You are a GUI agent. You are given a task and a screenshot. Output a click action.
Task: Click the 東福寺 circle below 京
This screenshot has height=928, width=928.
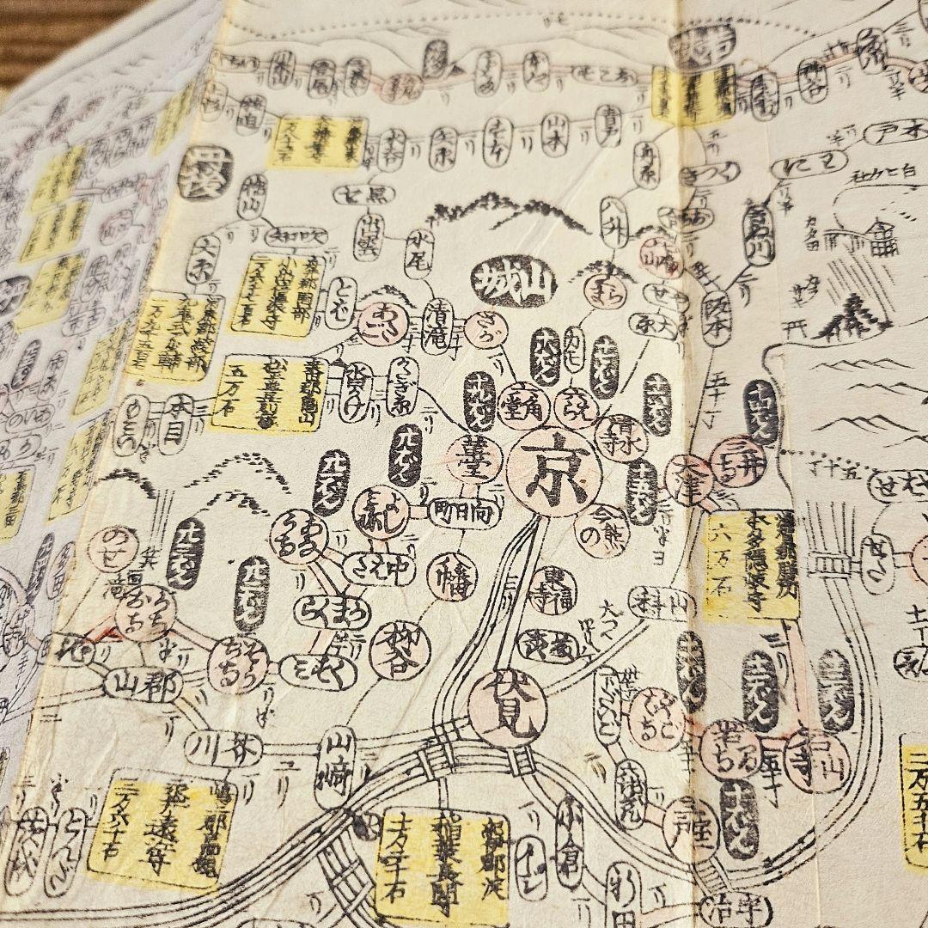click(554, 585)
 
